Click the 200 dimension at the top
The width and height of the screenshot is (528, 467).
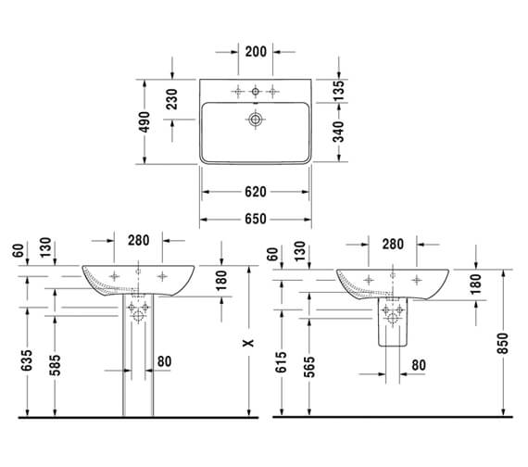tap(256, 52)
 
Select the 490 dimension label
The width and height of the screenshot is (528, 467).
tap(145, 121)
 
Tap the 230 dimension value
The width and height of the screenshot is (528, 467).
tap(171, 99)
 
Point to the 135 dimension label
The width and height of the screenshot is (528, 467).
tap(339, 90)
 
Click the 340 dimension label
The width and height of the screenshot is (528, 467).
tap(339, 132)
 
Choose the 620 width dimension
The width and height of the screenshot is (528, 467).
tap(256, 192)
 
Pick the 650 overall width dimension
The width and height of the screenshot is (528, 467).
tap(256, 219)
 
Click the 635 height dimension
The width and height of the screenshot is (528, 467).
tap(27, 360)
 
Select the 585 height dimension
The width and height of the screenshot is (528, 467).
tap(55, 365)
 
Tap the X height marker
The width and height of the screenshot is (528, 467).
tap(249, 343)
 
